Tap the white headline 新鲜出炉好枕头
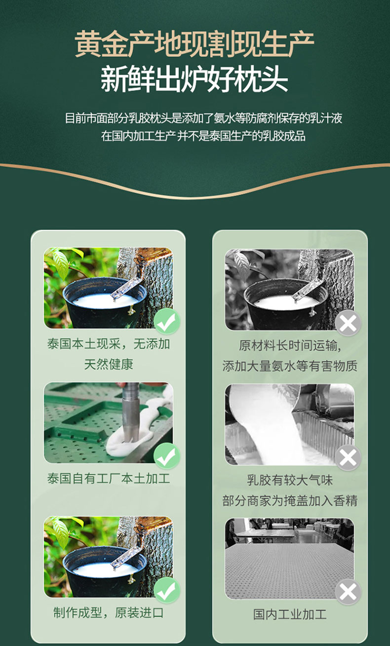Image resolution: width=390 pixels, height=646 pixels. [x=195, y=78]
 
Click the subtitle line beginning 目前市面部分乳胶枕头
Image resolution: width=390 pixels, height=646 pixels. [x=203, y=118]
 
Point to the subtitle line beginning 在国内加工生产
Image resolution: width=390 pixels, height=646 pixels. [x=203, y=136]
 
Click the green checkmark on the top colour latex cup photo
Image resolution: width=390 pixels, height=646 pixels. [x=167, y=321]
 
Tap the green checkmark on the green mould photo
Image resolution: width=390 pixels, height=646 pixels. [x=167, y=456]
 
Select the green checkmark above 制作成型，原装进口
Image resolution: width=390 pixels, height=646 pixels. [x=167, y=590]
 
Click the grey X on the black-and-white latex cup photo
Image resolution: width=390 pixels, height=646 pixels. [x=348, y=323]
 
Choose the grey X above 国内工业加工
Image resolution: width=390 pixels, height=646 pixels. [x=348, y=592]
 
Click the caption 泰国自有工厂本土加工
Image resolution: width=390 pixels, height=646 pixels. [x=109, y=478]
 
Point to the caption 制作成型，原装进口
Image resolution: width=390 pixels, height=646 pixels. [x=109, y=613]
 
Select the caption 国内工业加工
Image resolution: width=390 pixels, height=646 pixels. [x=290, y=614]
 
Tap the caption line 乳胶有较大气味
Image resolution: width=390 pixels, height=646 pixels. [x=290, y=480]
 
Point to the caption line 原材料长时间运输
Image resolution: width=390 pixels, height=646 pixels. [x=290, y=345]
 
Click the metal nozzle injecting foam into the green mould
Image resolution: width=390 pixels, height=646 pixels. [x=130, y=413]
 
